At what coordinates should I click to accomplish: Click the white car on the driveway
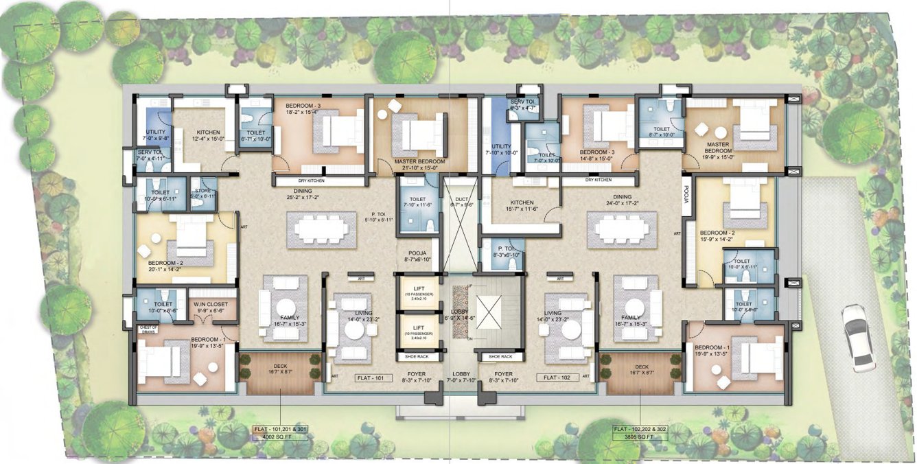(x=858, y=338)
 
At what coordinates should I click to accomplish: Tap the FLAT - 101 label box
(x=373, y=378)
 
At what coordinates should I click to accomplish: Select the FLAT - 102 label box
(x=555, y=378)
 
